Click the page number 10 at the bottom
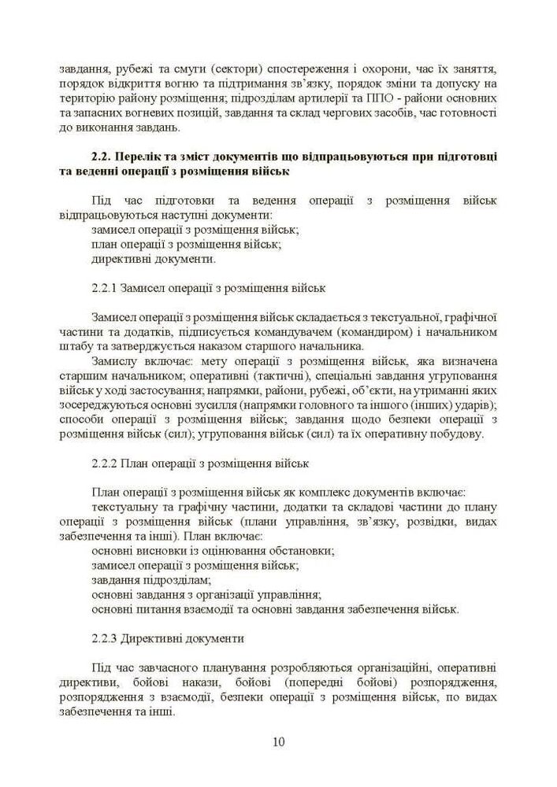pos(278,741)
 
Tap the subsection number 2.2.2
pos(106,464)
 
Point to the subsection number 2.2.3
pos(106,638)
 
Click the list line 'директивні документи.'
pos(154,259)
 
